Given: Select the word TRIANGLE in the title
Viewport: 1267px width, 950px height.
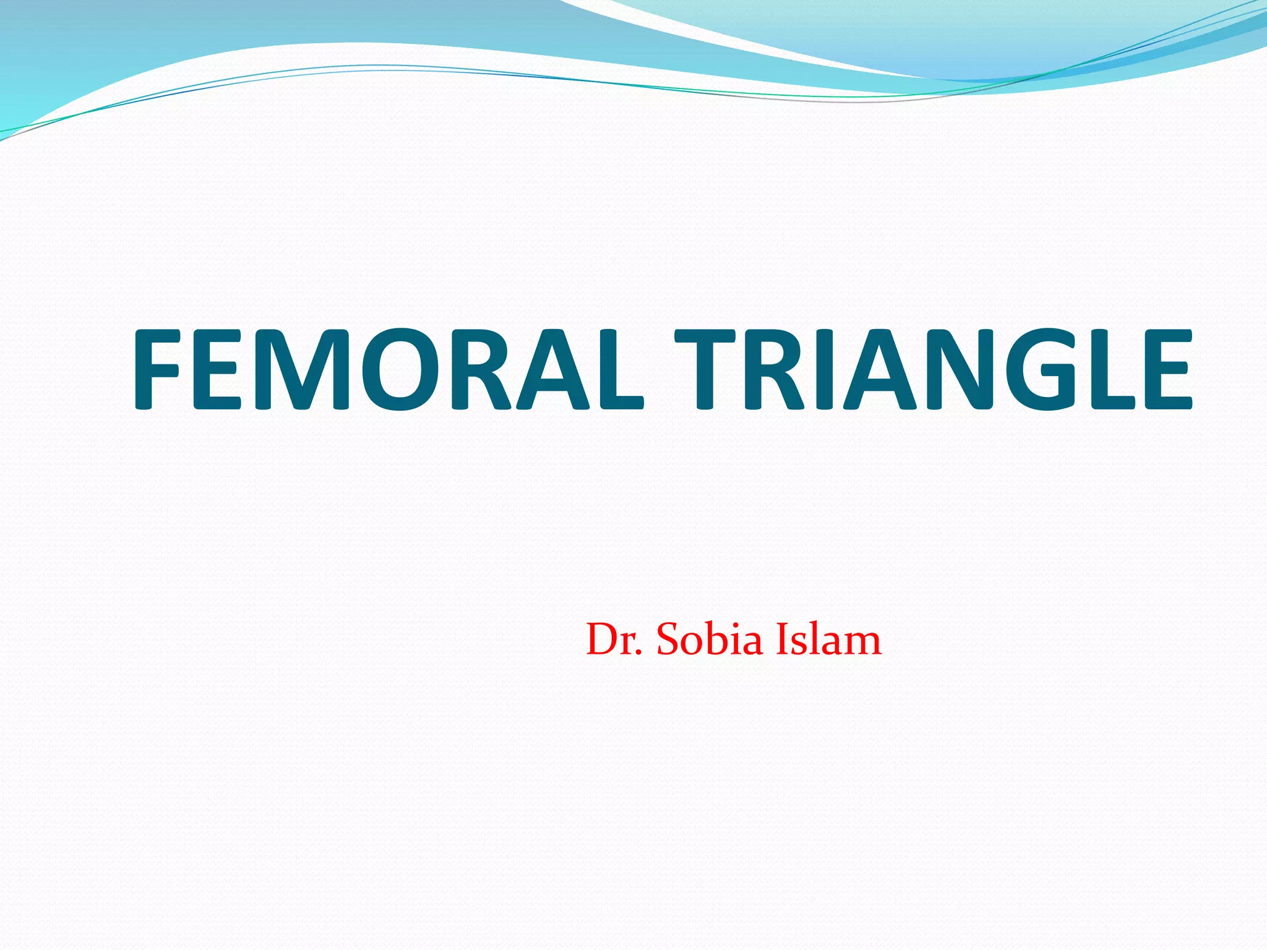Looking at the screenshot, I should [x=933, y=369].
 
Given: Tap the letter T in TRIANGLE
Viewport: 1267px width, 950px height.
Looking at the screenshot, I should [x=703, y=369].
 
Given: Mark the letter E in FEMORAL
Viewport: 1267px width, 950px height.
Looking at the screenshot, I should [x=217, y=369].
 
